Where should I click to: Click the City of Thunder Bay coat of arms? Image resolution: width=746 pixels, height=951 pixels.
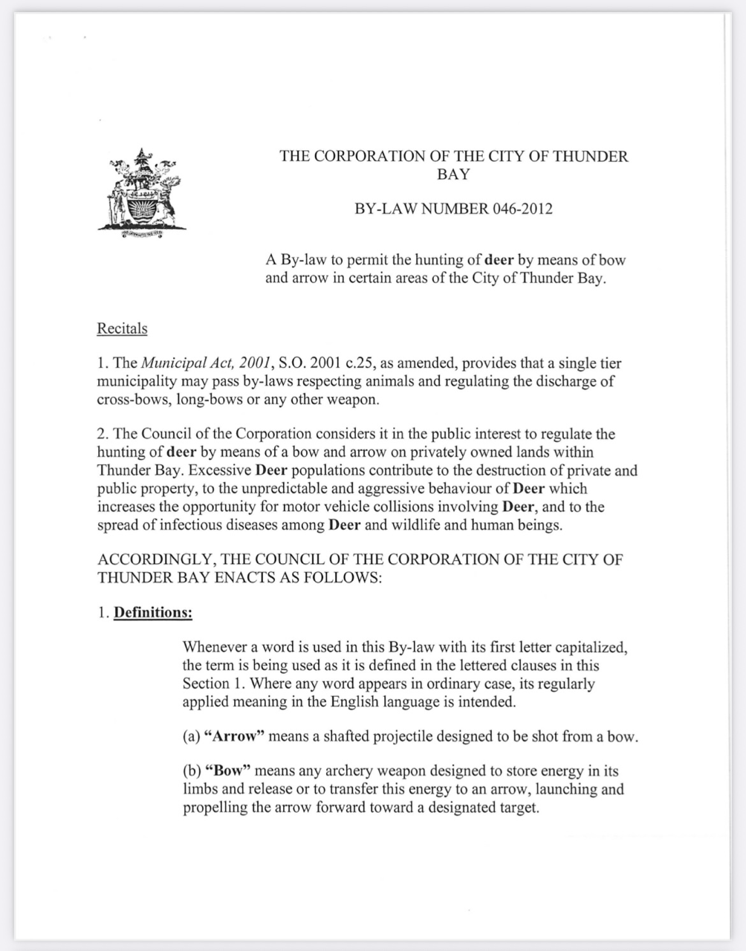[x=141, y=194]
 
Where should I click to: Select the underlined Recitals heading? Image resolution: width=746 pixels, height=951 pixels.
[x=122, y=328]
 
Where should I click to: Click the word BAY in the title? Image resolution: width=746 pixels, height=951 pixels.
[x=453, y=175]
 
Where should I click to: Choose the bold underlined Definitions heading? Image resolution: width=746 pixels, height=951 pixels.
[x=153, y=613]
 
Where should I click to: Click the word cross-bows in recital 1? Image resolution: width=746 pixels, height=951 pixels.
[x=127, y=400]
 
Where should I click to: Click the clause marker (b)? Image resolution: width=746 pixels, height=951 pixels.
[x=192, y=771]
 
